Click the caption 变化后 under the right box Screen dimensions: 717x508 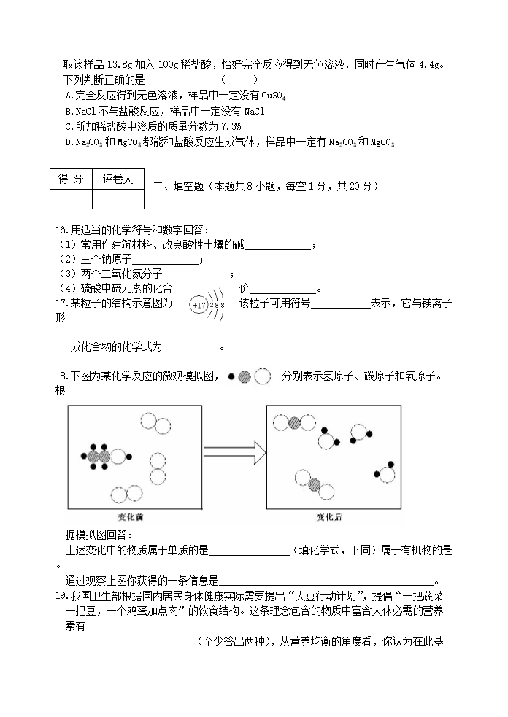tap(328, 517)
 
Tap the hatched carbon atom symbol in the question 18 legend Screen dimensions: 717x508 tap(245, 376)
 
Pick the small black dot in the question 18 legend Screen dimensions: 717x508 tap(231, 376)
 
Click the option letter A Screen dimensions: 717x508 tap(69, 96)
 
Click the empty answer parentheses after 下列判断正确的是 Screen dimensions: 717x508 tap(239, 80)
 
